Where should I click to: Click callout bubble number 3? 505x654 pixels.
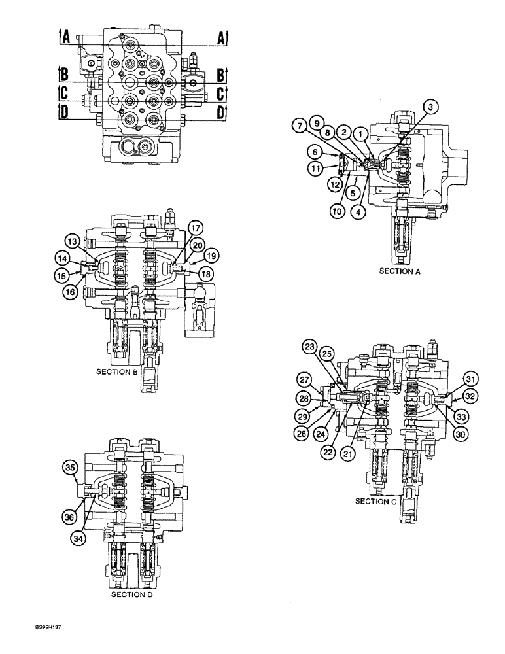pos(429,106)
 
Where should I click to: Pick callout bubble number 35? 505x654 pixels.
pos(70,467)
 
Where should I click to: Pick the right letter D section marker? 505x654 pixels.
pos(222,112)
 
